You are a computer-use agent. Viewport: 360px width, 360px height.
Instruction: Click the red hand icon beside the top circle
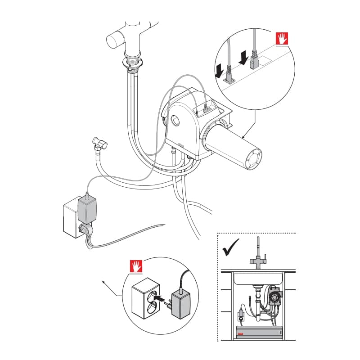click(281, 39)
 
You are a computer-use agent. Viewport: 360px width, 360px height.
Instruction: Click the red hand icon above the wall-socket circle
click(136, 267)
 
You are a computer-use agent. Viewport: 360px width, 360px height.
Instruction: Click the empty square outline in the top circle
click(266, 59)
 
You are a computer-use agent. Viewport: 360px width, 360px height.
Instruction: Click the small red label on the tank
click(241, 333)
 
